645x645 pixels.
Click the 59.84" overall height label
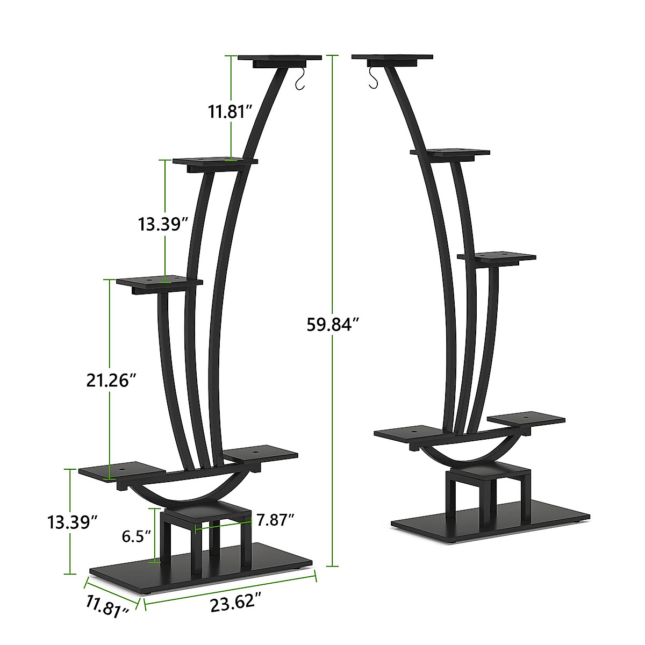coord(332,325)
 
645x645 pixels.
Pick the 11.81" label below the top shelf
coord(231,112)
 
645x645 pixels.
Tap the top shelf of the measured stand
coord(279,58)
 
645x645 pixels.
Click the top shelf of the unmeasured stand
coord(392,57)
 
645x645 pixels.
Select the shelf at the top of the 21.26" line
coord(160,282)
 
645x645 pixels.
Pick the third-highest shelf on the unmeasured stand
coord(497,257)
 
